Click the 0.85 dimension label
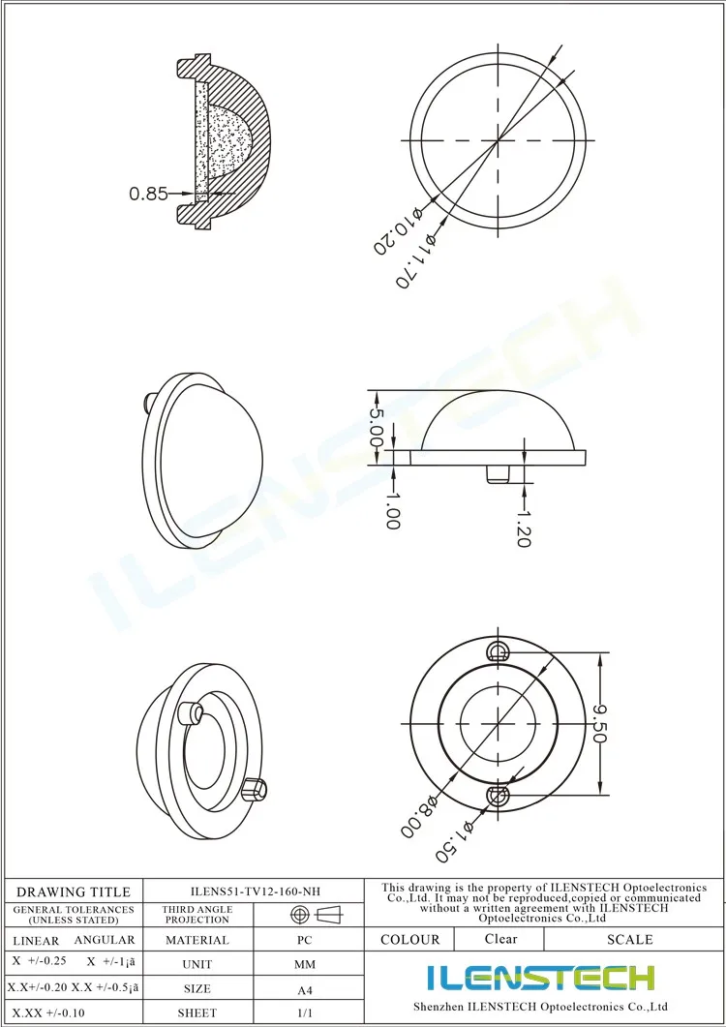pyautogui.click(x=149, y=194)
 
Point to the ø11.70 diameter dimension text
pyautogui.click(x=414, y=260)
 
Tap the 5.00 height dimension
pyautogui.click(x=378, y=428)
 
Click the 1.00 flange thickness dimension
pyautogui.click(x=392, y=510)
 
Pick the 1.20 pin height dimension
pyautogui.click(x=524, y=529)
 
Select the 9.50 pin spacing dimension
pyautogui.click(x=599, y=722)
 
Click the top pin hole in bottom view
pyautogui.click(x=499, y=649)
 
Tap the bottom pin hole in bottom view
pyautogui.click(x=499, y=795)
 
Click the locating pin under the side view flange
pyautogui.click(x=496, y=473)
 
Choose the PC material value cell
pyautogui.click(x=304, y=940)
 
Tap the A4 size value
pyautogui.click(x=304, y=990)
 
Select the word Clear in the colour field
pyautogui.click(x=500, y=939)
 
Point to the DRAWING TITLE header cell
pyautogui.click(x=74, y=891)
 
